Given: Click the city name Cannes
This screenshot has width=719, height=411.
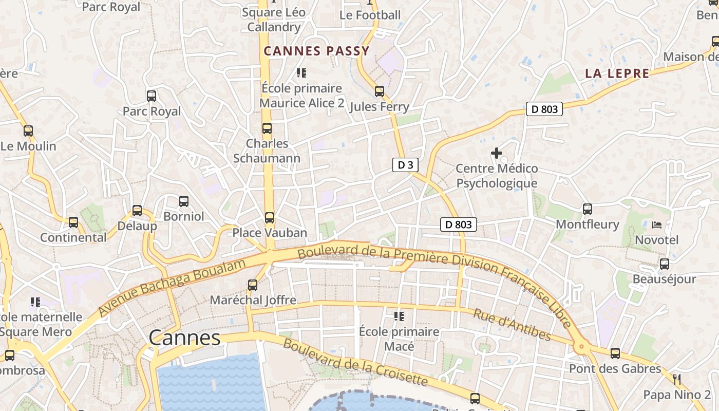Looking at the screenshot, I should pyautogui.click(x=184, y=338).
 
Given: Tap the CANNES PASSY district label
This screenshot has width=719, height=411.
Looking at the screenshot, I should pyautogui.click(x=316, y=51).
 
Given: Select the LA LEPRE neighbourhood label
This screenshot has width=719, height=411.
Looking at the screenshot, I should pyautogui.click(x=617, y=73).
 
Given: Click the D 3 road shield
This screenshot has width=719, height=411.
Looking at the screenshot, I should pyautogui.click(x=405, y=165).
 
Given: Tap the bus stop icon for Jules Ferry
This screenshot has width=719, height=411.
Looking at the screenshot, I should pyautogui.click(x=380, y=91).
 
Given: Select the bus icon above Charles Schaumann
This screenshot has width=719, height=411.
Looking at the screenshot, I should pyautogui.click(x=267, y=128).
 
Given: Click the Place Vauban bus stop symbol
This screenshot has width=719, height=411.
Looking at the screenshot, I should pyautogui.click(x=270, y=218).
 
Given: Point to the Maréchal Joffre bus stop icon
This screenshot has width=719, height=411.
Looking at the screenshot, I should pyautogui.click(x=253, y=285).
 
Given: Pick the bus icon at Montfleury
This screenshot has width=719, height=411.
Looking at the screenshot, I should pyautogui.click(x=588, y=209).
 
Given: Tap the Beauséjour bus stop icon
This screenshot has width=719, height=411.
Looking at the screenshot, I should pyautogui.click(x=664, y=264).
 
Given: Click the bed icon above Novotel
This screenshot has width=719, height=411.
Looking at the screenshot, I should pyautogui.click(x=656, y=225).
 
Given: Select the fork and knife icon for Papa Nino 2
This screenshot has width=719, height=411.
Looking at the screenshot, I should pyautogui.click(x=677, y=380).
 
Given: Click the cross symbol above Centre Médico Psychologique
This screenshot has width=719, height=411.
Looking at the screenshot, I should pyautogui.click(x=497, y=153).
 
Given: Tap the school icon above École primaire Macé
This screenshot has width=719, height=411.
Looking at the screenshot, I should pyautogui.click(x=399, y=316).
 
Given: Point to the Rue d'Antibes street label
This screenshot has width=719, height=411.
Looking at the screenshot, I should pyautogui.click(x=512, y=325).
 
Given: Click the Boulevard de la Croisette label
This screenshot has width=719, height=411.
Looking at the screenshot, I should pyautogui.click(x=355, y=362).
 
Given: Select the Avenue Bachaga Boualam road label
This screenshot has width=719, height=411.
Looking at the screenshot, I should pyautogui.click(x=172, y=288).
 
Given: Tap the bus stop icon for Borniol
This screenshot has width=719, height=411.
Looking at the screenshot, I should pyautogui.click(x=183, y=201).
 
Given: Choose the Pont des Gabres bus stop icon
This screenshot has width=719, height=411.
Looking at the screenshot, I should pyautogui.click(x=615, y=353).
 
